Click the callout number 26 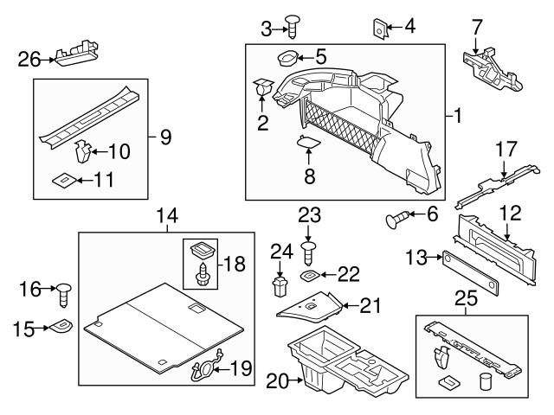point(29,59)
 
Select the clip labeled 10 point(84,152)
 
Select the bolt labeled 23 point(308,252)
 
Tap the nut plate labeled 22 point(308,276)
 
